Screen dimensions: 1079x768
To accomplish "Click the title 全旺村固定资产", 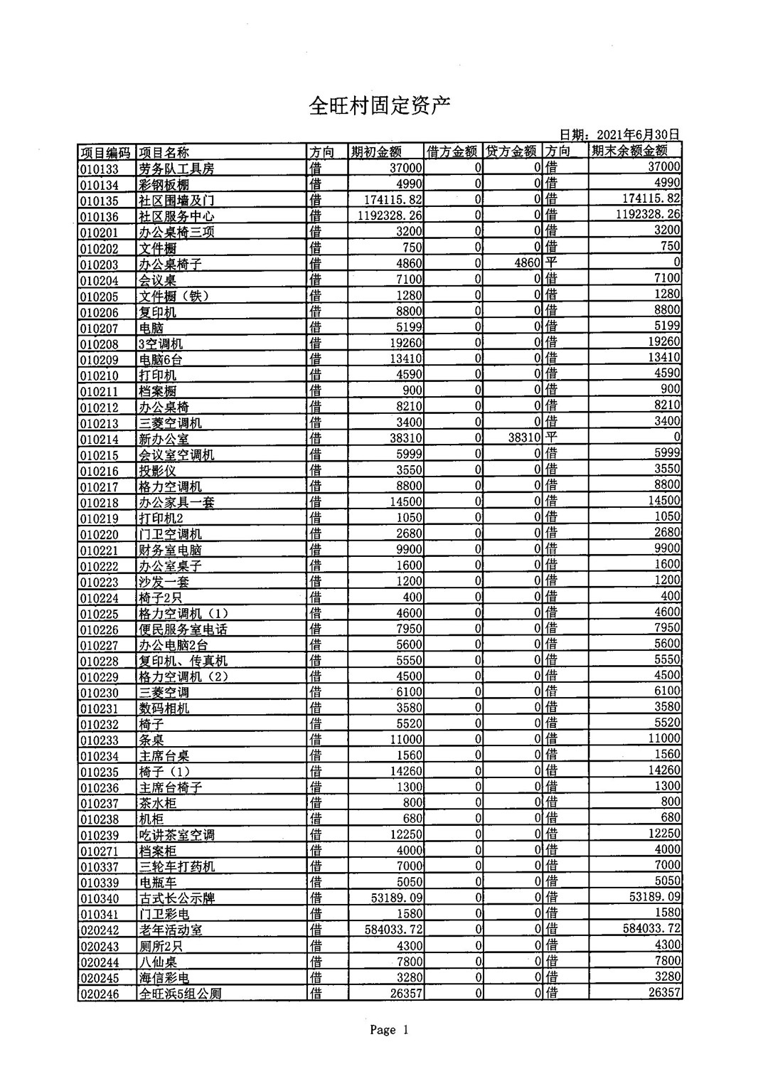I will (380, 107).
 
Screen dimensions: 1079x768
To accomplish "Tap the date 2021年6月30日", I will (638, 134).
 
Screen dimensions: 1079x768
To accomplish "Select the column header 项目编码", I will (105, 152).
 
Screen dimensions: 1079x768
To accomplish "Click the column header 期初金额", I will (376, 152).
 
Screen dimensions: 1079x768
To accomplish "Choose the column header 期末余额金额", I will (629, 151).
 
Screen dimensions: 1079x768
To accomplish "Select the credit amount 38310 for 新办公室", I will (525, 438).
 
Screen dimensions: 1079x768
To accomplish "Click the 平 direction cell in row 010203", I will (551, 262).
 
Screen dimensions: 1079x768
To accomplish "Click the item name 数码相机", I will (164, 708).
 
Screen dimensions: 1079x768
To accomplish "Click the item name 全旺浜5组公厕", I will (180, 994).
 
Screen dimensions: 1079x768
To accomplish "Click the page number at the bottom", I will (389, 1030).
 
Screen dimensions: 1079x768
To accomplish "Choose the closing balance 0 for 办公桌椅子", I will (676, 262).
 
